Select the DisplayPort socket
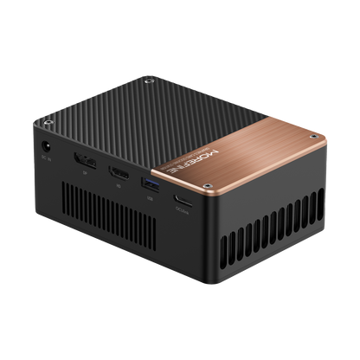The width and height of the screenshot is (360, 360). [84, 162]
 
